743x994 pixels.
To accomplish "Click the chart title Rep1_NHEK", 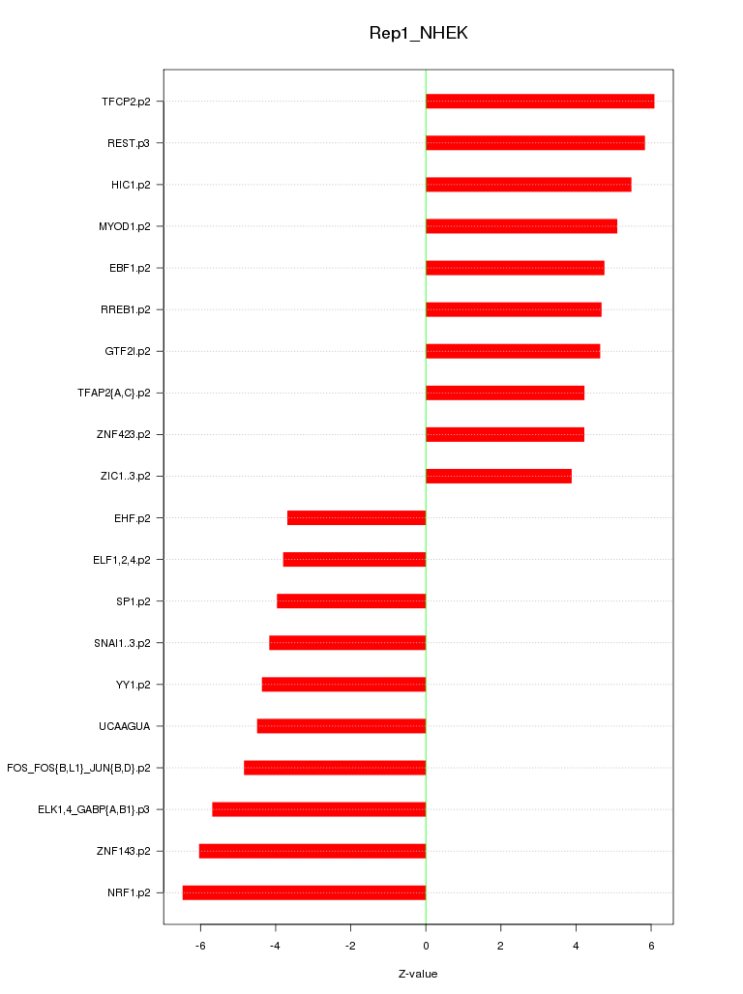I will tap(418, 33).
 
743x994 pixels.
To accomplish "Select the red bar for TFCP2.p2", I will tap(540, 102).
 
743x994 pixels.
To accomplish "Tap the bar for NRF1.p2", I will tap(304, 892).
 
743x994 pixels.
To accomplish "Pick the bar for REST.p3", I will tap(535, 143).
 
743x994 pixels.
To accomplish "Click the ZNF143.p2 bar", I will tap(312, 851).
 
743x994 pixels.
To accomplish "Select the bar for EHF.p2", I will tap(356, 518).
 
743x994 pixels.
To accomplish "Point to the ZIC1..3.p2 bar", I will tap(498, 476).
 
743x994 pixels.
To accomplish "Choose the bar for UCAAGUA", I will tap(342, 726).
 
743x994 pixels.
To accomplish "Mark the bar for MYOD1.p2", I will tap(521, 226).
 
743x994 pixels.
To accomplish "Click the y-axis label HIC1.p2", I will tap(131, 185).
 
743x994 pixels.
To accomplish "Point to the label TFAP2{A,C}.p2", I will tap(113, 393).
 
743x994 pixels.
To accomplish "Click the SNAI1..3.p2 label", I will tap(122, 643).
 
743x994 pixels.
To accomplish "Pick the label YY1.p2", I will tap(133, 685).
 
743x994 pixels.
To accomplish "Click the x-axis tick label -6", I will tap(200, 944).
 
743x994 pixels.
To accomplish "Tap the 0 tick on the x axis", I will tap(426, 944).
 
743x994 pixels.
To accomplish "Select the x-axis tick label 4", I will tap(576, 944).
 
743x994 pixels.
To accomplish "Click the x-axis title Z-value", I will tap(418, 974).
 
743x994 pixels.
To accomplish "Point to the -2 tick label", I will tap(350, 944).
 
